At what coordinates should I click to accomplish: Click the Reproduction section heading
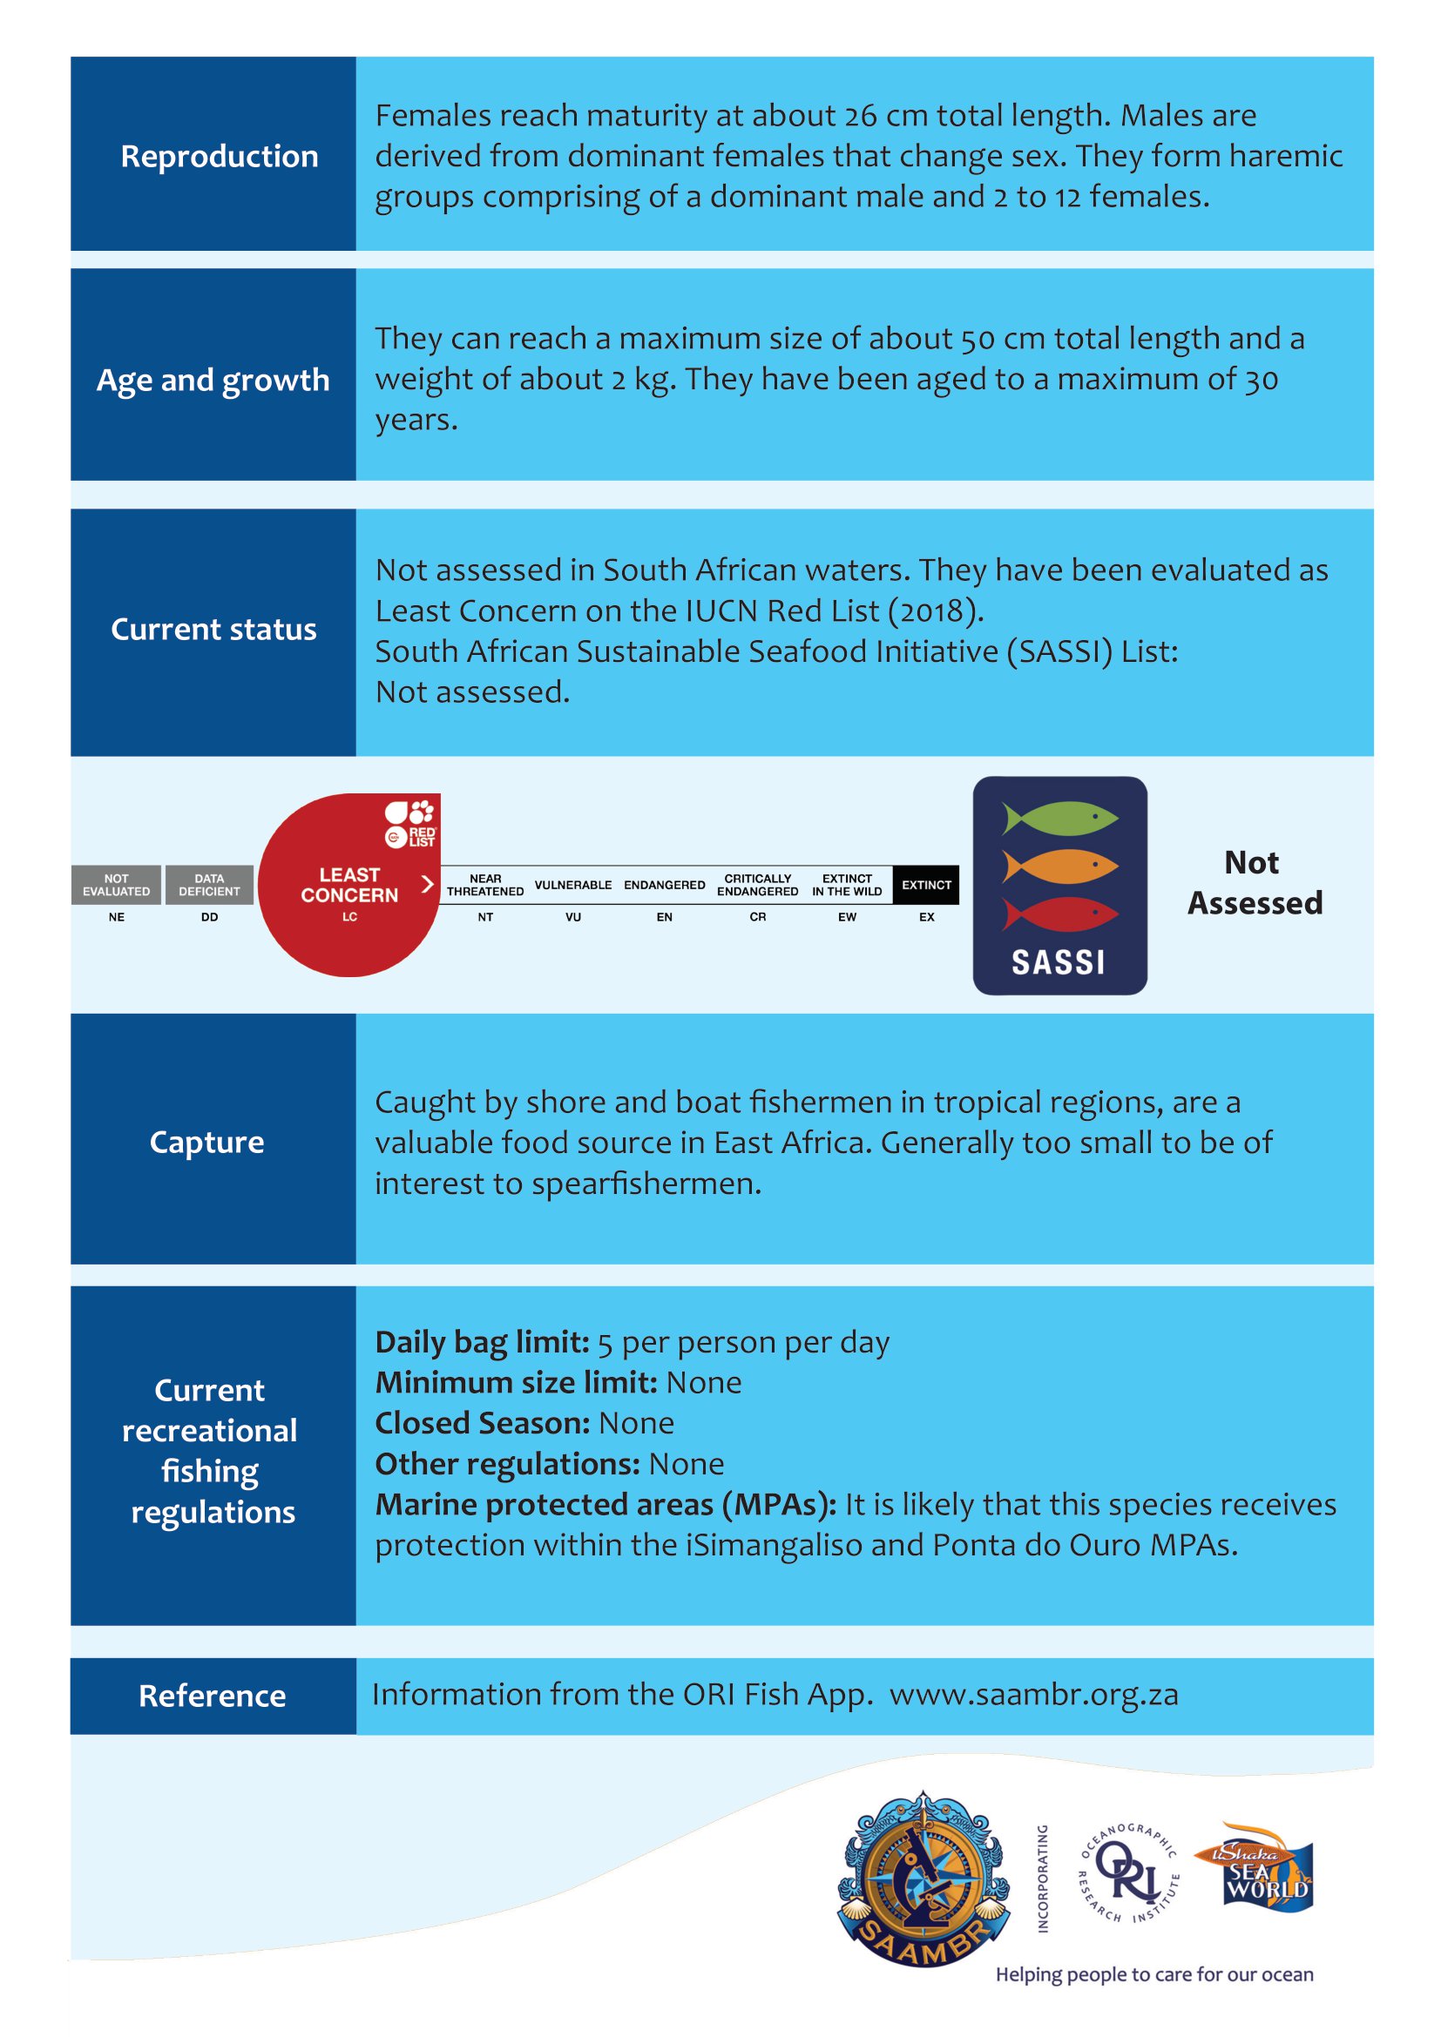coord(220,156)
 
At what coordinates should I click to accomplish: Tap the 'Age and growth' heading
coord(213,380)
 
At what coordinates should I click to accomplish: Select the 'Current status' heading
coord(213,629)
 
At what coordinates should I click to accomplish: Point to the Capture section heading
coord(206,1142)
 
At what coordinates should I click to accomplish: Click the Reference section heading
coord(212,1696)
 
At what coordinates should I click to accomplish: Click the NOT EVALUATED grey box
coord(116,885)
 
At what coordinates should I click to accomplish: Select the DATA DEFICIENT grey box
coord(209,885)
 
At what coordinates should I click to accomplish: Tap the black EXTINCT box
coord(925,885)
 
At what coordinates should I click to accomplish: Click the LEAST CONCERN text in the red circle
coord(348,885)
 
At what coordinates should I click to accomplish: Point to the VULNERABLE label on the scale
coord(572,885)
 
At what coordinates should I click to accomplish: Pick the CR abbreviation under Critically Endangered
coord(758,917)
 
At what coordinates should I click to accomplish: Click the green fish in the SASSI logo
coord(1059,817)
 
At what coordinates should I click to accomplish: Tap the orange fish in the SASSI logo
coord(1059,865)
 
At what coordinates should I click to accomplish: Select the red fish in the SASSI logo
coord(1059,913)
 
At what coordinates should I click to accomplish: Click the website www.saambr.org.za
coord(1034,1695)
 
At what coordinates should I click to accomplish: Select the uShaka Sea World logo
coord(1253,1866)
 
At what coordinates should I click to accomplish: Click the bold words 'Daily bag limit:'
coord(482,1342)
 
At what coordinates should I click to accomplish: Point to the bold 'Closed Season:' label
coord(482,1423)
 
